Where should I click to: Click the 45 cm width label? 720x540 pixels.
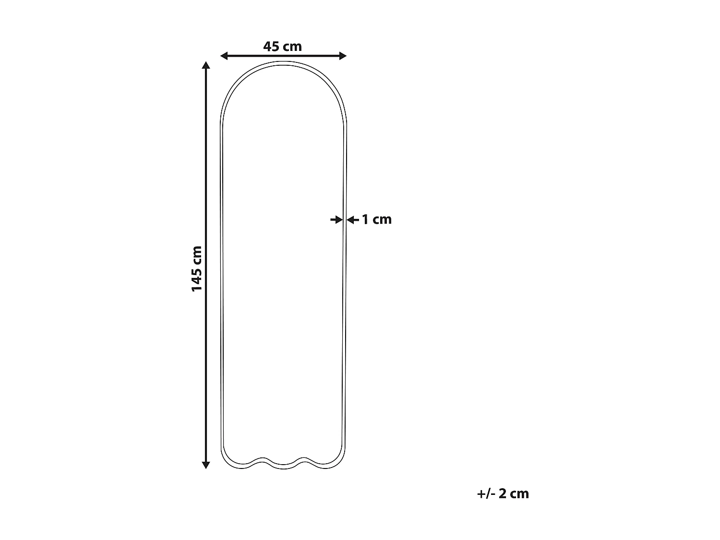[x=282, y=47]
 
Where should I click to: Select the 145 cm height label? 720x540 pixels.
[x=197, y=268]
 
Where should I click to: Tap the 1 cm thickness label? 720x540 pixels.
[x=376, y=219]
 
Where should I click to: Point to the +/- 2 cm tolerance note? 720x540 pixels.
[x=503, y=493]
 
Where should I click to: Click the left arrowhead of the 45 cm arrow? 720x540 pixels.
[x=224, y=56]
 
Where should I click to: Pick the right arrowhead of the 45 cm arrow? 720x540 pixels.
[x=343, y=56]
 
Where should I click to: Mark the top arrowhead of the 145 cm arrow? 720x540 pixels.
[x=206, y=65]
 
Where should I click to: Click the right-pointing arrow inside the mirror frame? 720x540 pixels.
[x=336, y=219]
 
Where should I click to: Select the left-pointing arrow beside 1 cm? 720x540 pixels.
[x=352, y=219]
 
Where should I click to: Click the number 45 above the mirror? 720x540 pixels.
[x=271, y=47]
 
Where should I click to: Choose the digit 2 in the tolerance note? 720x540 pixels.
[x=503, y=493]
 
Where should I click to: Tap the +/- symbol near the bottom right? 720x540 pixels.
[x=486, y=493]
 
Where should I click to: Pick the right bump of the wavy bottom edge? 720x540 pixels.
[x=303, y=459]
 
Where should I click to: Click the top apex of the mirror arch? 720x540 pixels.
[x=283, y=62]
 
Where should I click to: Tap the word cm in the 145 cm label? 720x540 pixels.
[x=197, y=255]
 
